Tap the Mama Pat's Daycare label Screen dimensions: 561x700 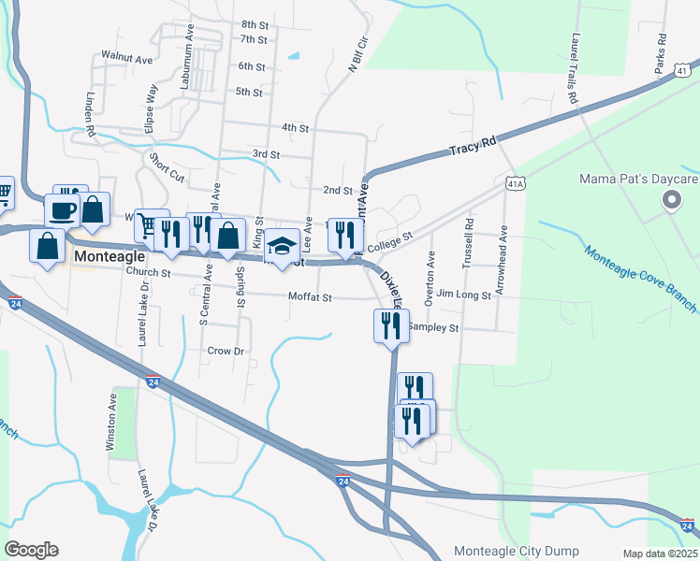click(639, 179)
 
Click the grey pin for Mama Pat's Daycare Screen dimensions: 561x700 click(671, 199)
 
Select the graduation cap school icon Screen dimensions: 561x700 click(282, 245)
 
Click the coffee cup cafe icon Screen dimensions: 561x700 click(63, 209)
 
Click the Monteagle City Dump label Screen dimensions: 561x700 click(516, 551)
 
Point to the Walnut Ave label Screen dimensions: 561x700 click(127, 59)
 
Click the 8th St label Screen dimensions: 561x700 click(254, 24)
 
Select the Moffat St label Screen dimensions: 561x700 click(311, 297)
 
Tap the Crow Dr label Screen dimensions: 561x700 click(226, 351)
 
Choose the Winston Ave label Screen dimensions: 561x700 click(110, 423)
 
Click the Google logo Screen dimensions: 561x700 click(31, 550)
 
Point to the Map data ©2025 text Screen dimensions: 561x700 click(660, 554)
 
